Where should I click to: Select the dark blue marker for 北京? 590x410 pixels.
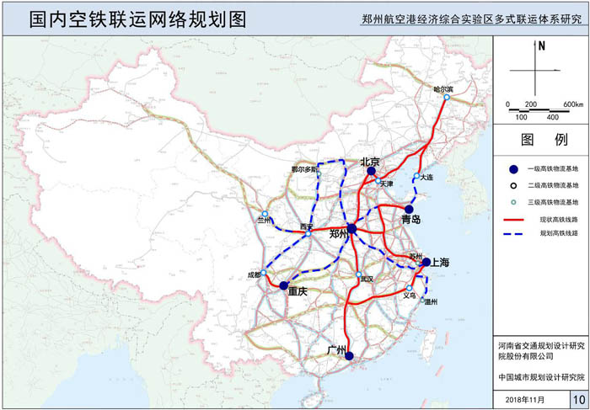coord(371,171)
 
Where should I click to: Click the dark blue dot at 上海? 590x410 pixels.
coord(426,262)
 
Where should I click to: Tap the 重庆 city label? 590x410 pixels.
coord(298,291)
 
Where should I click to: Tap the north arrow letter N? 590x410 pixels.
coord(543,47)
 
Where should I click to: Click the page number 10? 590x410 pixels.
coord(577,397)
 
